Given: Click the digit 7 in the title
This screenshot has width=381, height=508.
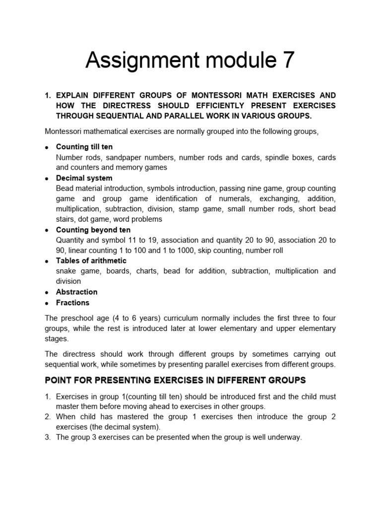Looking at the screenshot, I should pyautogui.click(x=287, y=60).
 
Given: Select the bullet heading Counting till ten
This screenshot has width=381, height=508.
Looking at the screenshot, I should pyautogui.click(x=84, y=147).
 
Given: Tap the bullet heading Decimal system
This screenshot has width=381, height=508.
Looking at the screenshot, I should pyautogui.click(x=84, y=178).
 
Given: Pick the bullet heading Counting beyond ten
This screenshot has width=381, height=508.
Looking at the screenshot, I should pyautogui.click(x=93, y=230).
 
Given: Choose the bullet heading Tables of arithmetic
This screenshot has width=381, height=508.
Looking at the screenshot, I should pyautogui.click(x=91, y=260).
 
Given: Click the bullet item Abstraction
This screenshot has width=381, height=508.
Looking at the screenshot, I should pyautogui.click(x=76, y=292).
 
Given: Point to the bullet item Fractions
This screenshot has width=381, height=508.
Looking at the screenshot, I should pyautogui.click(x=72, y=303).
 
